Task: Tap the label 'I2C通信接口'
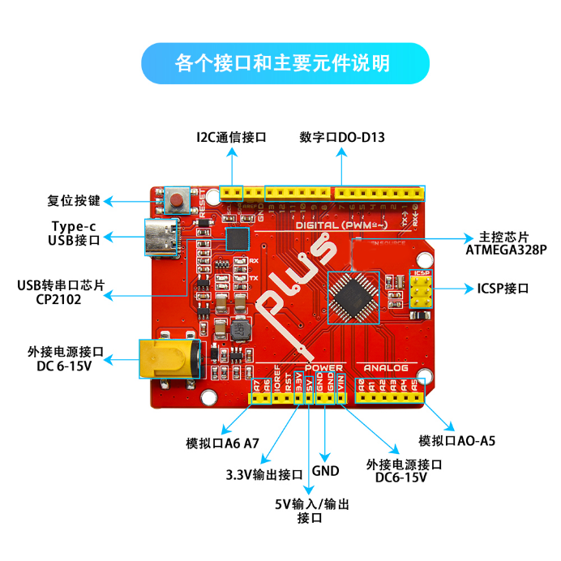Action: (232, 137)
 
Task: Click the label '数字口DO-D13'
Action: (341, 137)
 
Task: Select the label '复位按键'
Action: (74, 200)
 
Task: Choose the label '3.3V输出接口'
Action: (264, 474)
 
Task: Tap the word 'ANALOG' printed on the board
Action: (385, 367)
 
